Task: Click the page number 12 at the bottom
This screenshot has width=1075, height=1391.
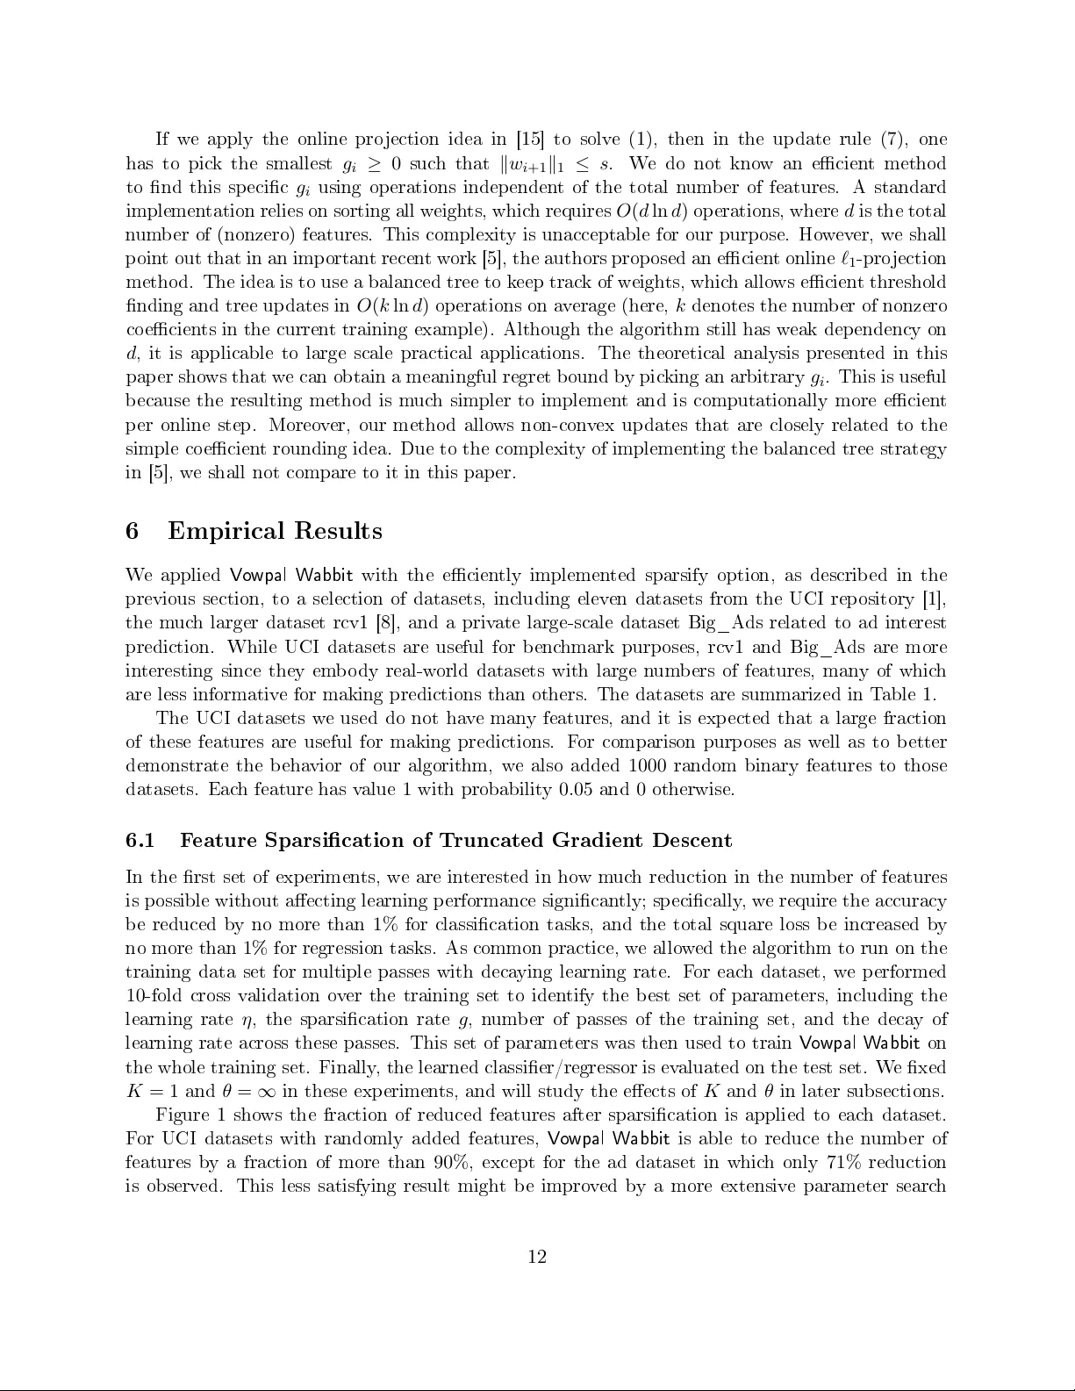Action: [x=537, y=1257]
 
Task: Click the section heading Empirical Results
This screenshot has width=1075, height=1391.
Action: [x=275, y=531]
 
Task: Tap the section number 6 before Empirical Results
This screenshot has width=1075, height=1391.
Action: [x=133, y=531]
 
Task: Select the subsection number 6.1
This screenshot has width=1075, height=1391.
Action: [x=140, y=841]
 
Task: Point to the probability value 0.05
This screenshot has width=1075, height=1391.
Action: [x=576, y=789]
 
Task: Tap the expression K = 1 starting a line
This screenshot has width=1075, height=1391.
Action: [x=153, y=1092]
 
